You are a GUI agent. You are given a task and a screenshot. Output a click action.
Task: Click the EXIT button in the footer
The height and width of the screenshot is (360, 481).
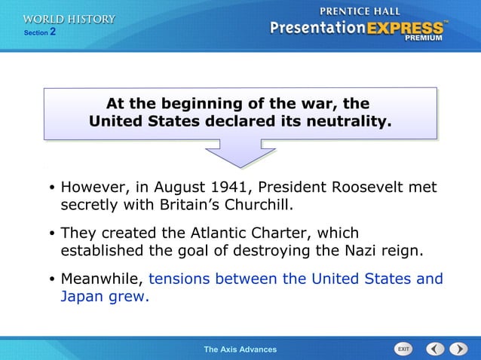tap(403, 349)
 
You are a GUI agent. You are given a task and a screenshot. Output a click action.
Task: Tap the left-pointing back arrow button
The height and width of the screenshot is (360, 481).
tap(435, 349)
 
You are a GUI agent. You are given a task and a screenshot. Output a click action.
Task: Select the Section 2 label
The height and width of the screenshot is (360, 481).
tap(39, 33)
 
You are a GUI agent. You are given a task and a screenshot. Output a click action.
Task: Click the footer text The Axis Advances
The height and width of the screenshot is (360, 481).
tap(240, 349)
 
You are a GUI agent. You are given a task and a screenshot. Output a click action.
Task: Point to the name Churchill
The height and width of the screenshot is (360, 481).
tap(253, 204)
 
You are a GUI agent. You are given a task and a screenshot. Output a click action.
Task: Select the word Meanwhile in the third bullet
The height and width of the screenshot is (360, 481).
tap(101, 279)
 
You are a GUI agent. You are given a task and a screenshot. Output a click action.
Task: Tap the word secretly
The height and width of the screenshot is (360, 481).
tap(90, 204)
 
